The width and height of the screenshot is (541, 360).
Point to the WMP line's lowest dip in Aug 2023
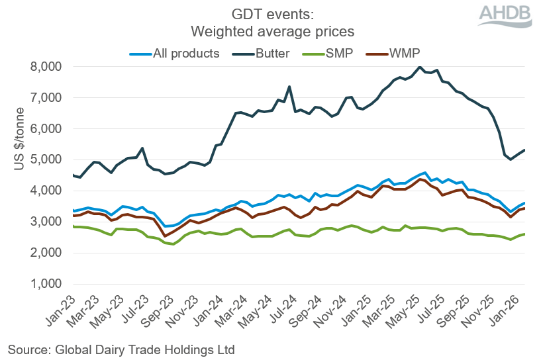166,236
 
